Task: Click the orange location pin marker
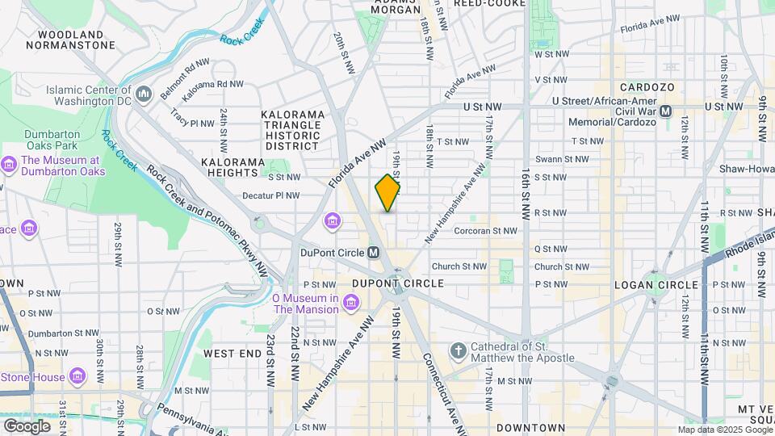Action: pyautogui.click(x=387, y=193)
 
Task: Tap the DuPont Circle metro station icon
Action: pyautogui.click(x=373, y=253)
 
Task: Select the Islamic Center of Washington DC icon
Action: pyautogui.click(x=145, y=95)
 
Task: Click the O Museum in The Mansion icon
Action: pyautogui.click(x=350, y=303)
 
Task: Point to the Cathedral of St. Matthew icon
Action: pyautogui.click(x=459, y=351)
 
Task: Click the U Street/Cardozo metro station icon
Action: pyautogui.click(x=666, y=111)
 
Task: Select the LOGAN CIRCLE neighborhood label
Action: pyautogui.click(x=656, y=285)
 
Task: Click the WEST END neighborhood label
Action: pyautogui.click(x=232, y=354)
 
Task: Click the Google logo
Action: pyautogui.click(x=27, y=426)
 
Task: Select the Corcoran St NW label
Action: pyautogui.click(x=485, y=231)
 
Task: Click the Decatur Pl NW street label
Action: pyautogui.click(x=270, y=195)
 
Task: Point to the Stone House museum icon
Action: pyautogui.click(x=77, y=376)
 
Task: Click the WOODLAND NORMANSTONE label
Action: pyautogui.click(x=70, y=40)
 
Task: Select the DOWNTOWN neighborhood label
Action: pyautogui.click(x=530, y=427)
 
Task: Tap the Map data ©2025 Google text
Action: pyautogui.click(x=724, y=430)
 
